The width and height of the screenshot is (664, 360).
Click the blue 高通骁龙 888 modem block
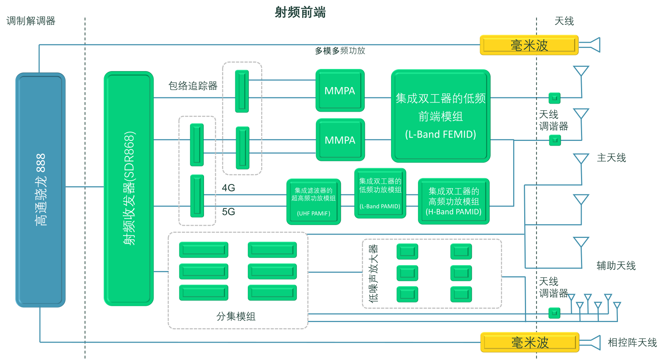[41, 190]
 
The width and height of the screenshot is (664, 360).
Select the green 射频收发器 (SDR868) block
[129, 188]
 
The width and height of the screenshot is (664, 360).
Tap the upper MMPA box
[340, 90]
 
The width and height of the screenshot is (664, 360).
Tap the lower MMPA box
[340, 140]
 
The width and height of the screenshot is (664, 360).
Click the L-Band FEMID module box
[440, 116]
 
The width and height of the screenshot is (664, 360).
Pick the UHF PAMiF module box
[314, 202]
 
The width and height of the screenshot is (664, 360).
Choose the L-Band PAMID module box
[380, 193]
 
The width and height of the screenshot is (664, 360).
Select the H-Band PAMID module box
[453, 201]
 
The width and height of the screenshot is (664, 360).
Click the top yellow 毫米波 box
[529, 45]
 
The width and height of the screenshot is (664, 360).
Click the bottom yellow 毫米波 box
[530, 343]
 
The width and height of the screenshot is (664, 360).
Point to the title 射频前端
[300, 12]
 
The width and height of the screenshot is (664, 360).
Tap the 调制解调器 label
[31, 21]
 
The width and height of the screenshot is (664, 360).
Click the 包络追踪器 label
[193, 86]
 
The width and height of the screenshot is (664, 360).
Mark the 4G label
[228, 188]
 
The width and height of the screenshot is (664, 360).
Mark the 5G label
[228, 212]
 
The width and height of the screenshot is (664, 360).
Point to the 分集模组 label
[236, 316]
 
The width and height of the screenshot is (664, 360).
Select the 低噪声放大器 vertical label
[373, 273]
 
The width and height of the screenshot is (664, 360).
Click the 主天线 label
[611, 158]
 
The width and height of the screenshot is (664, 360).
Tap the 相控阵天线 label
[632, 343]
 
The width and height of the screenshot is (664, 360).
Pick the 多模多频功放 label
[340, 51]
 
